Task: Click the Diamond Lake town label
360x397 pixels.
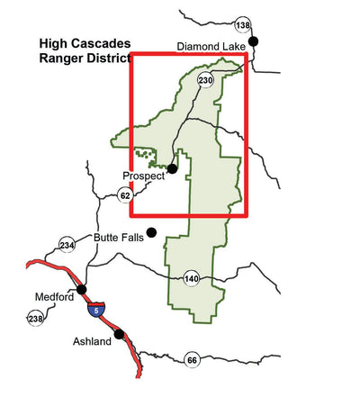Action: point(211,47)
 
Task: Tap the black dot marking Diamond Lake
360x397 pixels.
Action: point(254,41)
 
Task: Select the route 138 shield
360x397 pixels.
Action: point(241,24)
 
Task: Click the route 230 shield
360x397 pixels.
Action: point(205,81)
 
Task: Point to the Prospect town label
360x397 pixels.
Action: point(144,176)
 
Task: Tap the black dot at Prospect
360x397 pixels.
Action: point(172,167)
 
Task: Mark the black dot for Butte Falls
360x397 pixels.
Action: point(151,232)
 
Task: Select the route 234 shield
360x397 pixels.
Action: point(67,245)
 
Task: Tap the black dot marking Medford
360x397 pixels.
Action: point(82,289)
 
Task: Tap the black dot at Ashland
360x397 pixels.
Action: point(119,334)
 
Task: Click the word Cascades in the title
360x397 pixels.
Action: point(100,43)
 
